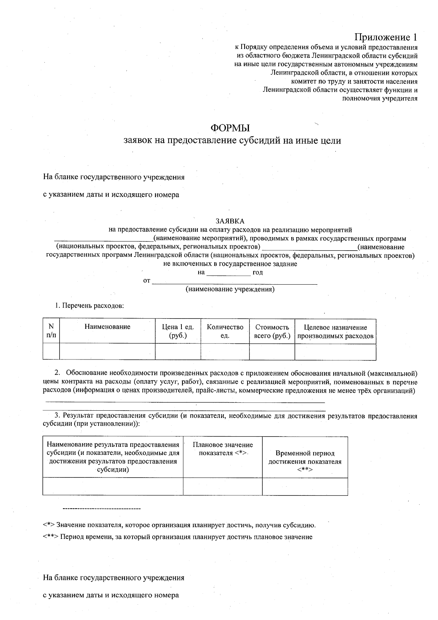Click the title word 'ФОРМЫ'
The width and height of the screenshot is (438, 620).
[230, 128]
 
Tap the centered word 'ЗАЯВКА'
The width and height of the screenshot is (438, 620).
[230, 221]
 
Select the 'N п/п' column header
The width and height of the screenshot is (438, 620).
[51, 331]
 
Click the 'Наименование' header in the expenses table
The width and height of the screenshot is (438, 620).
[107, 327]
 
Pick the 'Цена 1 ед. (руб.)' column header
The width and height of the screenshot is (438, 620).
[178, 331]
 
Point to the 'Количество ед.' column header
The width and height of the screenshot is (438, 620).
[225, 331]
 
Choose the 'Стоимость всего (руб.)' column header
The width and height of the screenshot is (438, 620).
[272, 331]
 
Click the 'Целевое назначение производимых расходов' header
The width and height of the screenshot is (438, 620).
[335, 331]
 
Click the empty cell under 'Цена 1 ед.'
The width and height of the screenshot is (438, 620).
[178, 351]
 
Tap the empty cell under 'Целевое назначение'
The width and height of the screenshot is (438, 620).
[335, 351]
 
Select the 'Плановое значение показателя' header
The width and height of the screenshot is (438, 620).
[223, 449]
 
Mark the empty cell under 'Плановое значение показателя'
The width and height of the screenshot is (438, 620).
[223, 486]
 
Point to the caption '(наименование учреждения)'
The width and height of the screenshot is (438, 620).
[230, 289]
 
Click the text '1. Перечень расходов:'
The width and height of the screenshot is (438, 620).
[89, 306]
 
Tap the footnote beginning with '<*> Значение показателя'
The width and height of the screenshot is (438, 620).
[179, 525]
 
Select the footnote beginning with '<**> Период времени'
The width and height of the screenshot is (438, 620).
[177, 537]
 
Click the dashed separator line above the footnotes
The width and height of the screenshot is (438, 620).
[102, 509]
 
